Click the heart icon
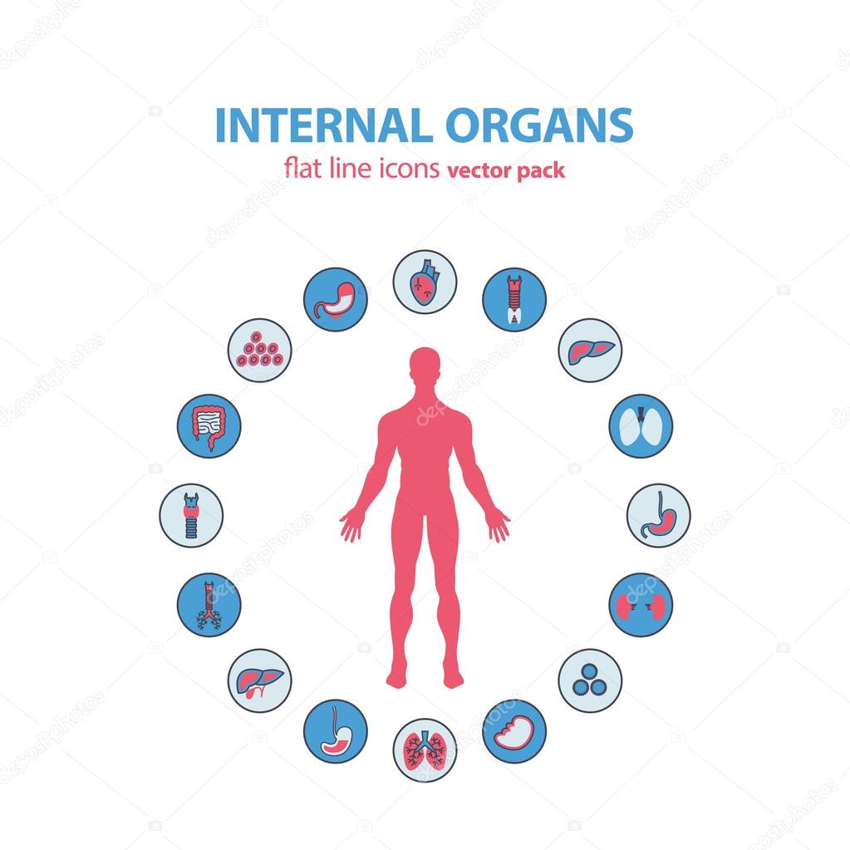coord(425,282)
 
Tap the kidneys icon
coord(641,604)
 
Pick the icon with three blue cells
coord(590,680)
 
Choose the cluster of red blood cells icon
coord(259,350)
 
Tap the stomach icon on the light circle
coord(658,515)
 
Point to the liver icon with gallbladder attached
coord(259,680)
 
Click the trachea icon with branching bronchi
coord(208,604)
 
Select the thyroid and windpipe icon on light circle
coord(191,515)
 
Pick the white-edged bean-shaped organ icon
coord(514,732)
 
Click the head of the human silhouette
coord(425,366)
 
